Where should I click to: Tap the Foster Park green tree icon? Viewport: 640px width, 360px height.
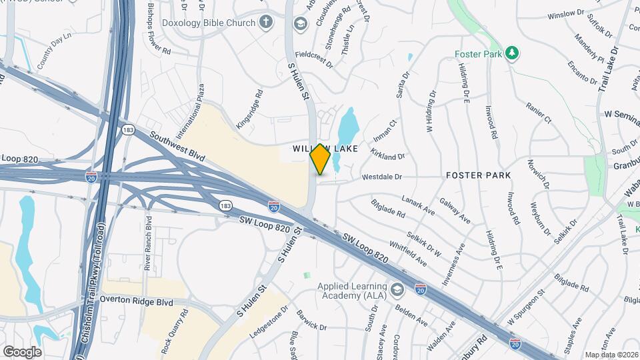(x=512, y=53)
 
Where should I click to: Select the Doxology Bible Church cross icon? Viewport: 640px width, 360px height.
(x=266, y=23)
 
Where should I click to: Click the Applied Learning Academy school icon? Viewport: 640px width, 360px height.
(x=398, y=289)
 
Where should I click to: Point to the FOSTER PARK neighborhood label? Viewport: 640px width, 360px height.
(x=479, y=175)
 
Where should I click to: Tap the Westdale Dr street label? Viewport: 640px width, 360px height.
(x=382, y=177)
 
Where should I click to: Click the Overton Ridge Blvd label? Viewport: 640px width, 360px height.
(x=136, y=301)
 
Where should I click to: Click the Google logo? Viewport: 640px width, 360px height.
(x=21, y=351)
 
